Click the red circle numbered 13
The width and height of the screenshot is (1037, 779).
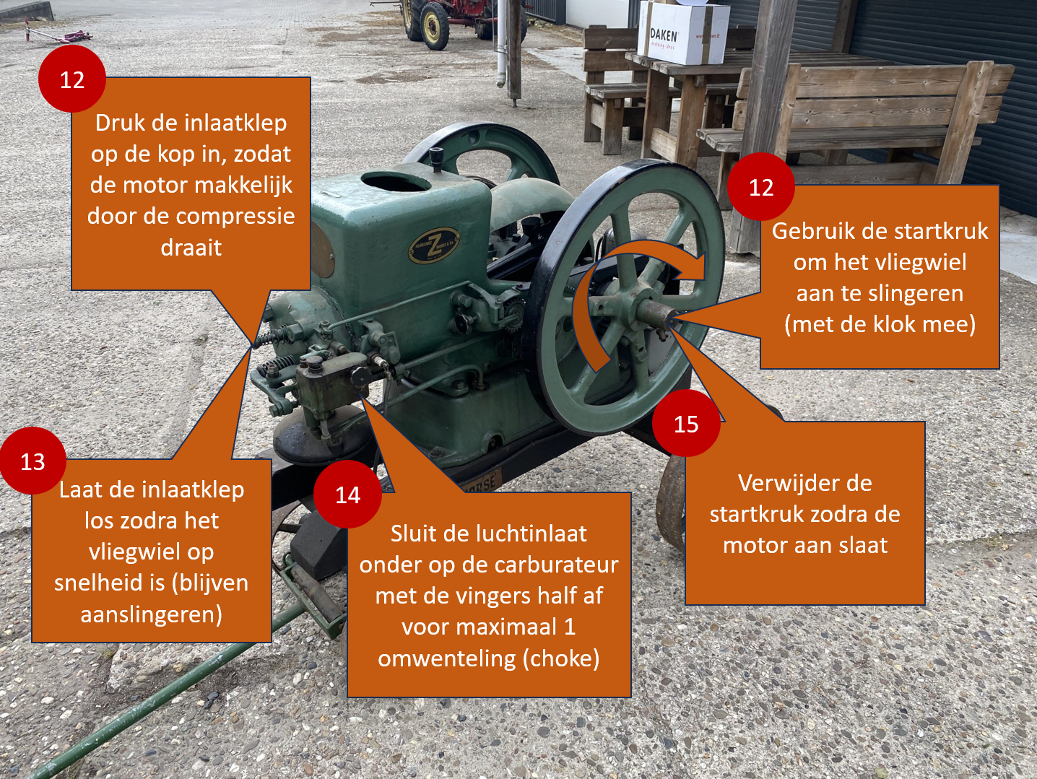[32, 461]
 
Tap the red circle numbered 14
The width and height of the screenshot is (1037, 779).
[347, 495]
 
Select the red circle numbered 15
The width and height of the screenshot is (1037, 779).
[686, 424]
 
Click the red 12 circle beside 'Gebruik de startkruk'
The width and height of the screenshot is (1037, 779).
[761, 187]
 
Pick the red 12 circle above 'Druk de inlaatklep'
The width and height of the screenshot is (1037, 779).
[71, 79]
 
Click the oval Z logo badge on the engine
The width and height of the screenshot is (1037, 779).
[434, 245]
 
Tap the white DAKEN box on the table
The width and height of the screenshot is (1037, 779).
[685, 32]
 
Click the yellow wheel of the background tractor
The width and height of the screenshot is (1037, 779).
[434, 27]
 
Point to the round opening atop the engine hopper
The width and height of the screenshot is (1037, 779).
[395, 180]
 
